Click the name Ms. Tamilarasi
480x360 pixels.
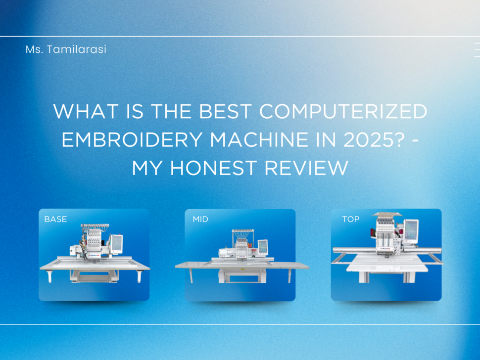tap(66, 50)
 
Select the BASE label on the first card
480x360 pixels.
tap(55, 219)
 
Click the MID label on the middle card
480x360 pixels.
tap(201, 219)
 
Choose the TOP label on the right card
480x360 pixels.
tap(350, 219)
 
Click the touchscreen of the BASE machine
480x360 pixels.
tap(116, 244)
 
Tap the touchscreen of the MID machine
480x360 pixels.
tap(263, 246)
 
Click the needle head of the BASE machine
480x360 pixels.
tap(94, 242)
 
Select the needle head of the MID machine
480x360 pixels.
tap(242, 247)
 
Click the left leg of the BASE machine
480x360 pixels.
tap(49, 275)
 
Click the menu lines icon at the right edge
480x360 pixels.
tap(477, 50)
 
